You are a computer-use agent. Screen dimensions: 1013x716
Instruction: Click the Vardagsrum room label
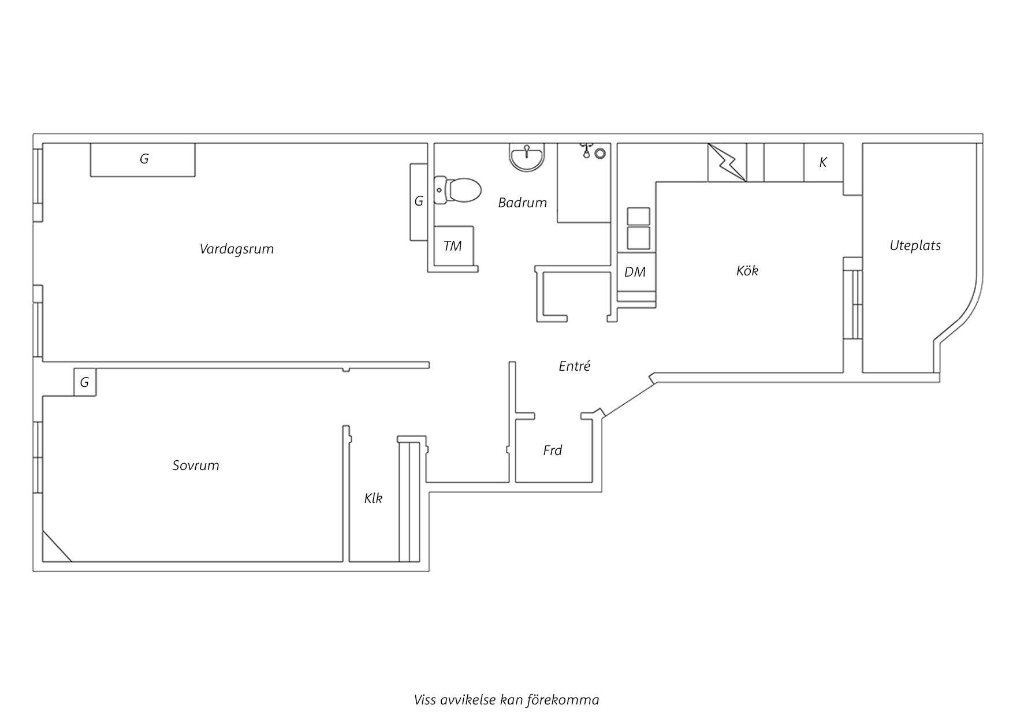(237, 249)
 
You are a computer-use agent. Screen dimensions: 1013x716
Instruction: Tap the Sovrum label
(196, 465)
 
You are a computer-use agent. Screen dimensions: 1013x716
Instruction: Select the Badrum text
(522, 203)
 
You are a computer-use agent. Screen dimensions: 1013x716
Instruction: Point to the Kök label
(747, 270)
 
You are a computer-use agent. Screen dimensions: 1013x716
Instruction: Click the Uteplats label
(915, 245)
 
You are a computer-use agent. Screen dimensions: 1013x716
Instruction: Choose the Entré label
(575, 366)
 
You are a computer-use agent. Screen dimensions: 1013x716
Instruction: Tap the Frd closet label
(553, 450)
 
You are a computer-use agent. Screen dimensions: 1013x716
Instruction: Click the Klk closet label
(373, 498)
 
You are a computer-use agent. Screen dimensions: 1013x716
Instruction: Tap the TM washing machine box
(454, 246)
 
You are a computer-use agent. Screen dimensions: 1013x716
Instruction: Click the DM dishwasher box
(635, 272)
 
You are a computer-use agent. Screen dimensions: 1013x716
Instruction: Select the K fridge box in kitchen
(824, 162)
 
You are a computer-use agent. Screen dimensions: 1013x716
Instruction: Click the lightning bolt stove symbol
(727, 162)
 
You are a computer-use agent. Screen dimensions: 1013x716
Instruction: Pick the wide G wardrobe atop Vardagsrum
(143, 159)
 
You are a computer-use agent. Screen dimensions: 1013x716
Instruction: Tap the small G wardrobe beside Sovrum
(85, 382)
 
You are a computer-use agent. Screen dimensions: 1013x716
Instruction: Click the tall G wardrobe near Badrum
(418, 202)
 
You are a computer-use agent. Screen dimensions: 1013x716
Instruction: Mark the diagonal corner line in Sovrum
(57, 546)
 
